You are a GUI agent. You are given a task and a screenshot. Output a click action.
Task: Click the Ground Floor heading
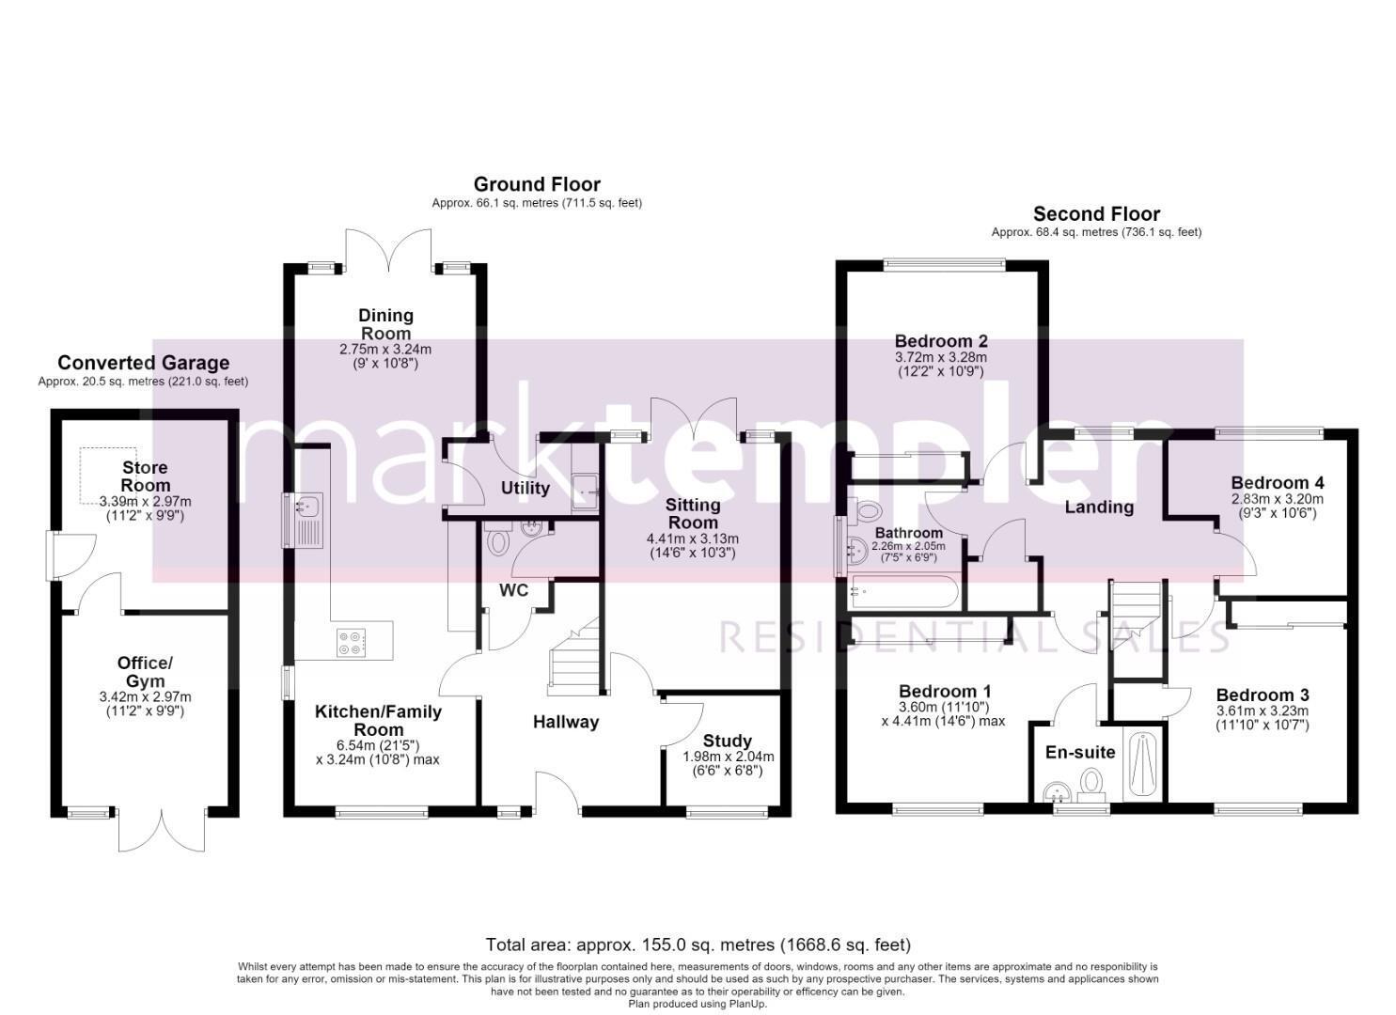coord(537,184)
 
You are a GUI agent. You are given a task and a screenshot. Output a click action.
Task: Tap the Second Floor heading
coord(1096,214)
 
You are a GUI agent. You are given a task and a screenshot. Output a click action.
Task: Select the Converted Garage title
coord(143,363)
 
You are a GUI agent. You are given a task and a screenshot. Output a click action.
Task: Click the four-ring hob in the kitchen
coord(351,643)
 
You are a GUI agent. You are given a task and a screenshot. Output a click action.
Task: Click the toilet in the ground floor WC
coord(497,540)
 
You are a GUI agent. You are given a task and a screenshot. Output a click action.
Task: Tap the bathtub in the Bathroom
coord(902,591)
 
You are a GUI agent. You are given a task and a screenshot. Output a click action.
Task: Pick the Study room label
coord(728,741)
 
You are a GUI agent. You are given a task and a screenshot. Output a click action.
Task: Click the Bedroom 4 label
coord(1278,483)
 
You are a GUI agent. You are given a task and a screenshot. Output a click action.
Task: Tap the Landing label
coord(1099,507)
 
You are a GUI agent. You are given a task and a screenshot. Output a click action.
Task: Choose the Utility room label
coord(525,488)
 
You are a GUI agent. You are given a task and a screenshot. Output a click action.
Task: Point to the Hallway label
coord(566,722)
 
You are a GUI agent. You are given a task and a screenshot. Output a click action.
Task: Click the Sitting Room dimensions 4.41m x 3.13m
coord(693,539)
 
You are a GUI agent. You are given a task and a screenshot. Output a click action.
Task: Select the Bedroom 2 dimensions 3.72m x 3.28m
coord(941,358)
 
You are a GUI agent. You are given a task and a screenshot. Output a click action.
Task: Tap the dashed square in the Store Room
coord(108,476)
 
